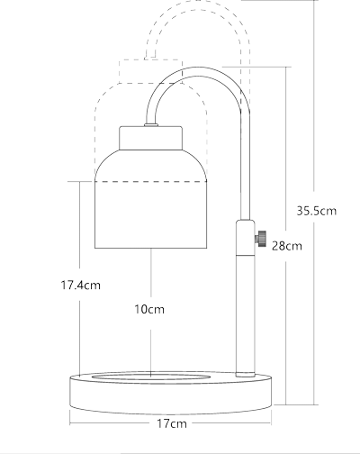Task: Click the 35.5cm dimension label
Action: pos(316,212)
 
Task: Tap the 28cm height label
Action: pos(286,245)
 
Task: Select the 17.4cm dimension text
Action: pos(80,285)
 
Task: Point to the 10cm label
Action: pos(149,309)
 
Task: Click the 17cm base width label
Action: pos(171,422)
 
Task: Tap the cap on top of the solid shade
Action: pos(151,138)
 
